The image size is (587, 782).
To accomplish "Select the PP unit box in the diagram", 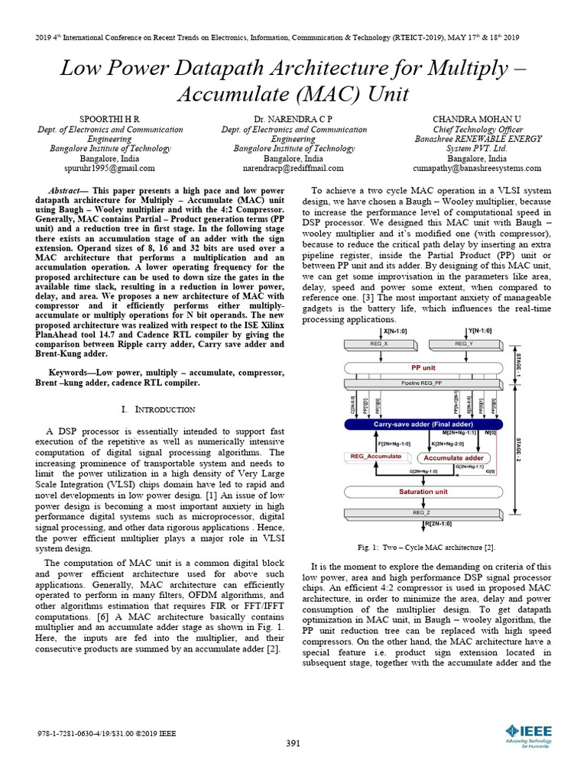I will pyautogui.click(x=423, y=367).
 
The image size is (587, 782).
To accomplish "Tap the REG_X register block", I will pyautogui.click(x=380, y=344).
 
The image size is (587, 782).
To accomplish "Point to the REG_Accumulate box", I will pyautogui.click(x=376, y=457).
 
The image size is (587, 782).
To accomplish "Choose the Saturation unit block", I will pyautogui.click(x=423, y=492).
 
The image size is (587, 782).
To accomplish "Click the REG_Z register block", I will pyautogui.click(x=423, y=513).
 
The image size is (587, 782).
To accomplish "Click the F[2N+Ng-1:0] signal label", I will pyautogui.click(x=394, y=444).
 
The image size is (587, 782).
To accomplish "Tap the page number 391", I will pyautogui.click(x=293, y=743).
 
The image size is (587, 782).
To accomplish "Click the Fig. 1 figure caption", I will pyautogui.click(x=426, y=548).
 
